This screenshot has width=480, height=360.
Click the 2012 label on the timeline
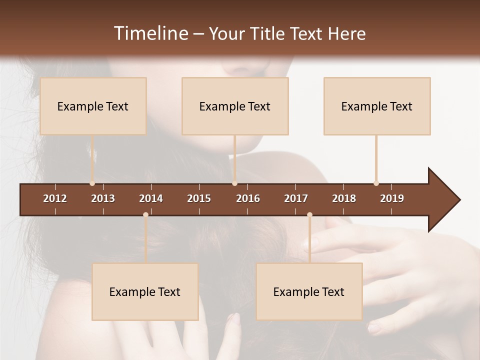click(x=55, y=198)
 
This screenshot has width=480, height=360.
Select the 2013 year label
click(x=103, y=198)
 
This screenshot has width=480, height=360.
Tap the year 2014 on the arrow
click(x=151, y=198)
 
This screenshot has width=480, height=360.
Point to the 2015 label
click(x=199, y=198)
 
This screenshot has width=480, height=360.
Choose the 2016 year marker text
click(x=248, y=198)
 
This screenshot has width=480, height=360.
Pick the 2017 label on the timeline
click(x=296, y=198)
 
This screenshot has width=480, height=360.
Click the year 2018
click(x=344, y=198)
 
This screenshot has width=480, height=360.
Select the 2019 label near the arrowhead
click(x=392, y=198)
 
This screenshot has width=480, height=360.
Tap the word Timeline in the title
click(x=150, y=33)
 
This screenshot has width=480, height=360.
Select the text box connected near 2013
click(x=93, y=106)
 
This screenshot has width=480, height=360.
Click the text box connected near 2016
click(x=235, y=106)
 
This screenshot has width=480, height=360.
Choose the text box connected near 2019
click(x=377, y=106)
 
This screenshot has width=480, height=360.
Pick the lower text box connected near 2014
click(x=145, y=291)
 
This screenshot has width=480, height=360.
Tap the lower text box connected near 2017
click(x=309, y=291)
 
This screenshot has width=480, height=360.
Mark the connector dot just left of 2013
click(x=92, y=183)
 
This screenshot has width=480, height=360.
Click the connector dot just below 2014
click(x=145, y=215)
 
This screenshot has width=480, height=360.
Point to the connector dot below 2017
click(x=309, y=215)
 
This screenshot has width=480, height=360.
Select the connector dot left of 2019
click(x=376, y=183)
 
